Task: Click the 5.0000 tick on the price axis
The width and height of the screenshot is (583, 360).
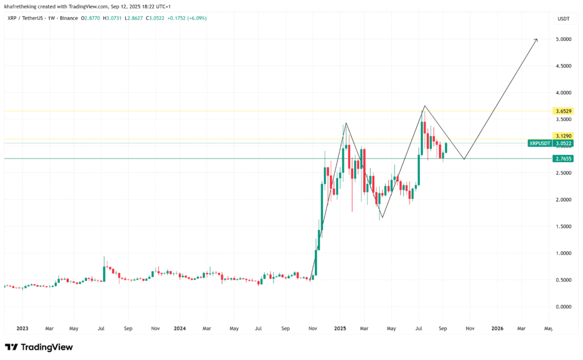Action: point(563,39)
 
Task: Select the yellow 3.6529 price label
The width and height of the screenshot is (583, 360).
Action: point(563,111)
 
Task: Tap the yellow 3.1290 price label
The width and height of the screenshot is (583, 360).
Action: point(563,136)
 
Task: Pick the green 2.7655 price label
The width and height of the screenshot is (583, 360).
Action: point(563,159)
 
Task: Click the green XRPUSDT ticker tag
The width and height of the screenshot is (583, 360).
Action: point(540,143)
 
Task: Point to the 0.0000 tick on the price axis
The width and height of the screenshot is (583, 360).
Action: point(563,306)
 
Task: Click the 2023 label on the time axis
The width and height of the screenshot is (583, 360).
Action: point(22,329)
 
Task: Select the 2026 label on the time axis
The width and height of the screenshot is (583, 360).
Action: point(497,329)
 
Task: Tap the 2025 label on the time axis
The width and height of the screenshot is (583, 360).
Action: point(340,329)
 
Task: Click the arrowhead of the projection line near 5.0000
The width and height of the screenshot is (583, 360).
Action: point(536,39)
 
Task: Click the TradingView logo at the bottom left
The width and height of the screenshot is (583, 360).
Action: point(39,347)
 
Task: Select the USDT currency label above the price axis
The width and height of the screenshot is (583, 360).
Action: point(563,19)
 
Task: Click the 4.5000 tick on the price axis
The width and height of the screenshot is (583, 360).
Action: point(563,66)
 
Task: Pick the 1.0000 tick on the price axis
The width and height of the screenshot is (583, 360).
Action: point(563,253)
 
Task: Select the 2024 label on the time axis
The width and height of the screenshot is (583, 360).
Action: point(180,329)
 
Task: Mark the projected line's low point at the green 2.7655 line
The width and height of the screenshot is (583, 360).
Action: point(464,159)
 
